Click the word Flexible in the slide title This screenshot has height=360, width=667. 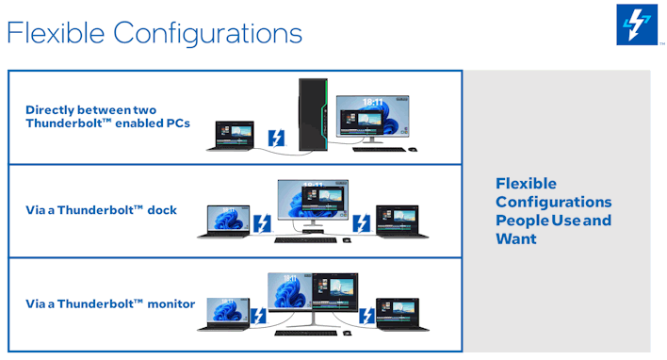click(x=56, y=33)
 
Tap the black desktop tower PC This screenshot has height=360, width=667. click(x=315, y=115)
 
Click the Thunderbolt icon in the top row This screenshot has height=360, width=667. click(x=276, y=139)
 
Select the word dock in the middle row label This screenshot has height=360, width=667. click(x=162, y=210)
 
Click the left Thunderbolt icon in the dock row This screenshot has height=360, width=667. click(x=263, y=224)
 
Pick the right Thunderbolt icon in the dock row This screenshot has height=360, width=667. click(x=361, y=224)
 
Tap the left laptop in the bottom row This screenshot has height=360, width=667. click(x=222, y=315)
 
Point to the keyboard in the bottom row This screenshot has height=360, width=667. click(x=305, y=333)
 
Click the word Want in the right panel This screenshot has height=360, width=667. click(x=516, y=238)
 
